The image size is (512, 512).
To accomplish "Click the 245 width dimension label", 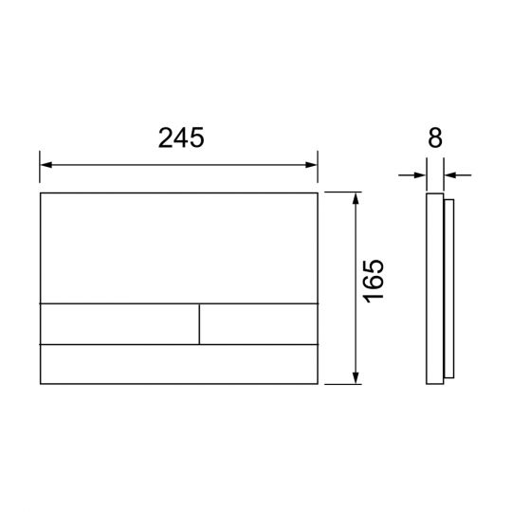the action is (181, 137).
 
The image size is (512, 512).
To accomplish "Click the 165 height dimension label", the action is (374, 282).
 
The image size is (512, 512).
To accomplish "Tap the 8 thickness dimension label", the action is (435, 137).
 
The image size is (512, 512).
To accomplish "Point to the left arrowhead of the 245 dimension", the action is (46, 165).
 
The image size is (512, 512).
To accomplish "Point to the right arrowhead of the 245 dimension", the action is (311, 165).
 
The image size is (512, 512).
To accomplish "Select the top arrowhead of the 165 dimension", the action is (356, 198).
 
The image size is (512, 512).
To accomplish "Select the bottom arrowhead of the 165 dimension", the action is (356, 377).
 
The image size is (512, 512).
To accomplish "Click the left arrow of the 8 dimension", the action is (412, 175).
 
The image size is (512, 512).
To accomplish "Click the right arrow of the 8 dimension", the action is (458, 175).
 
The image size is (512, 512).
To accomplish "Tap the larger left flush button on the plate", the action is (119, 324).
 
